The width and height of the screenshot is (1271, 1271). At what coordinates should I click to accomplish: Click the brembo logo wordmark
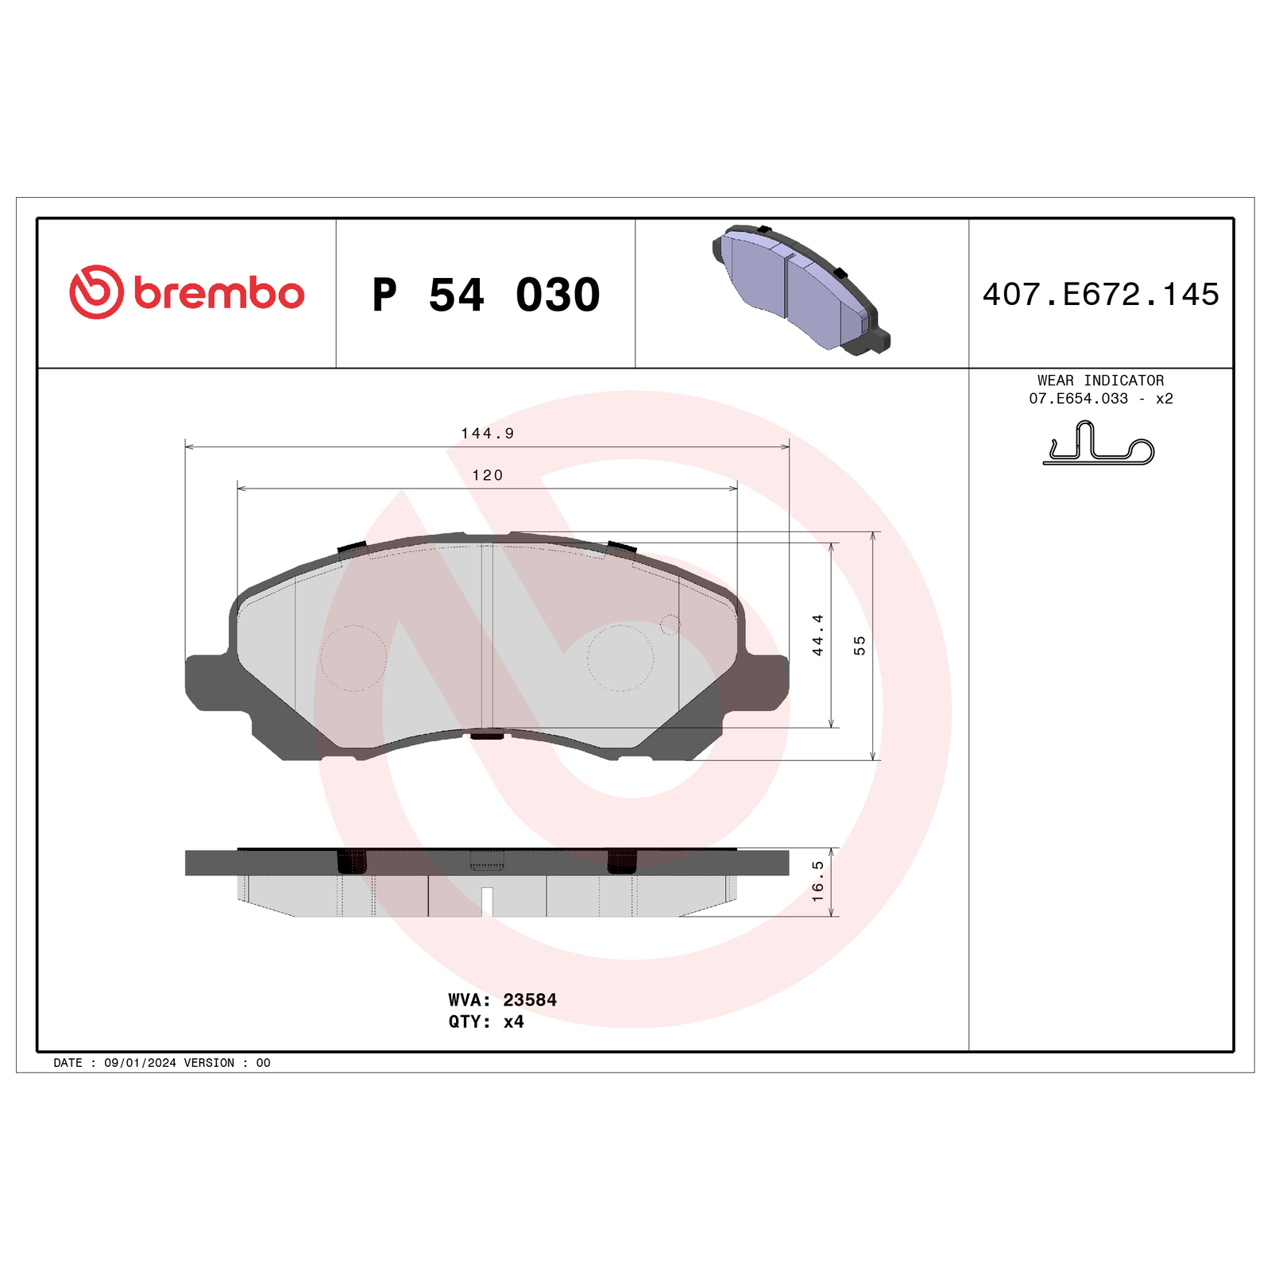[x=218, y=293]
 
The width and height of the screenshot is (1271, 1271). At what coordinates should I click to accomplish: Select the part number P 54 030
[x=486, y=295]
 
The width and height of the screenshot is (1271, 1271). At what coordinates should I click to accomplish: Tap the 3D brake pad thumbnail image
[x=801, y=289]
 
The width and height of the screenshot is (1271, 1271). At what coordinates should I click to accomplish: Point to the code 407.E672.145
[x=1100, y=294]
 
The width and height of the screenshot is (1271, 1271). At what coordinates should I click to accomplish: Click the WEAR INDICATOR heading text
[x=1100, y=381]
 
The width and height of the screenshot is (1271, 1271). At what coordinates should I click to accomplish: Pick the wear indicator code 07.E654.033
[x=1078, y=399]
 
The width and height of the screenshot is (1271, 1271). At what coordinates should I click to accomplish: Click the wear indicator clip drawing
[x=1099, y=443]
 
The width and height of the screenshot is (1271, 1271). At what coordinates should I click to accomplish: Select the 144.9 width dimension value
[x=488, y=433]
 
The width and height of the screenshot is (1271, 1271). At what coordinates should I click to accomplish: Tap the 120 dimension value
[x=488, y=475]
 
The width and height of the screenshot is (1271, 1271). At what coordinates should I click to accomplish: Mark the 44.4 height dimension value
[x=817, y=635]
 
